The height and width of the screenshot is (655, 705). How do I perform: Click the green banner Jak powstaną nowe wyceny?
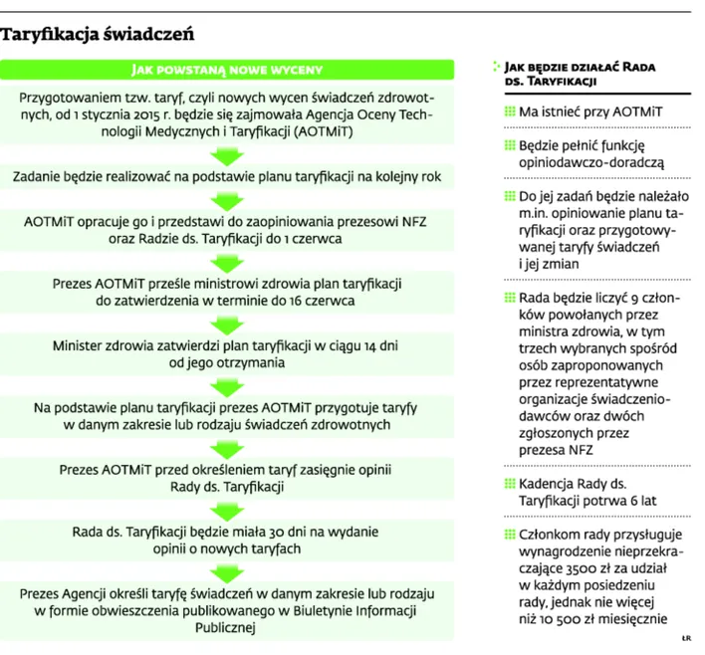pyautogui.click(x=229, y=70)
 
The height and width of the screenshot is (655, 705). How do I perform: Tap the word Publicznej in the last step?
pyautogui.click(x=229, y=627)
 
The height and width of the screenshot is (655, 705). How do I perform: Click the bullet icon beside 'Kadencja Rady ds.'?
pyautogui.click(x=510, y=485)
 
